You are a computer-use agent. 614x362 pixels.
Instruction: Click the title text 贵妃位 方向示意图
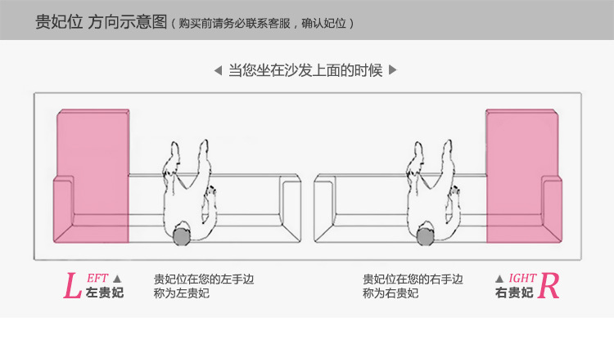click(x=102, y=22)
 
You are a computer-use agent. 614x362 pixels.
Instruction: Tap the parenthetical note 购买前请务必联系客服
click(x=235, y=24)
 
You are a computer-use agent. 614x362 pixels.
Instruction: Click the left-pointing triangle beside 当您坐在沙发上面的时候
click(x=218, y=70)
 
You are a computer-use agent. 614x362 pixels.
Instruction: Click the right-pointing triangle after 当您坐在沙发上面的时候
click(x=393, y=70)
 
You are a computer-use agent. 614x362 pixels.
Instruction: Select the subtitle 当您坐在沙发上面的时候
click(x=305, y=70)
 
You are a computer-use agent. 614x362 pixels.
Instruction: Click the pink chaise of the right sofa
click(x=524, y=176)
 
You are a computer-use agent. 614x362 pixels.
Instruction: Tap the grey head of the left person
click(x=182, y=235)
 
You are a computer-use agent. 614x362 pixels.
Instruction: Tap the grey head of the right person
click(x=425, y=236)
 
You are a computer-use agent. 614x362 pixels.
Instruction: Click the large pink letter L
click(x=72, y=286)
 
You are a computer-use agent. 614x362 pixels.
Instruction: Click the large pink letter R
click(x=549, y=286)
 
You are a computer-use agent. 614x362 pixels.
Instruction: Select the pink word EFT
click(x=97, y=279)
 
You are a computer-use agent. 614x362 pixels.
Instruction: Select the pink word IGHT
click(x=522, y=278)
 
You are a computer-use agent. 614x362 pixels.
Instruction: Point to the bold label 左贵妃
click(x=105, y=293)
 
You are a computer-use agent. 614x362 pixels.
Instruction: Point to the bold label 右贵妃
click(x=514, y=293)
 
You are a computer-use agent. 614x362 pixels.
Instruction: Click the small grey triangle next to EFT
click(x=117, y=279)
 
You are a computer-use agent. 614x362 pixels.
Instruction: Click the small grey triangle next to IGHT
click(x=499, y=279)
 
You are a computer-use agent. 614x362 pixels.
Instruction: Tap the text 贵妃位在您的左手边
click(x=204, y=279)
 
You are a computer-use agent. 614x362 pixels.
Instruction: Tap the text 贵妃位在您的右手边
click(x=413, y=279)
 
